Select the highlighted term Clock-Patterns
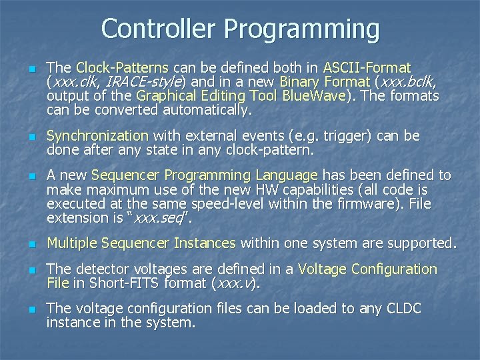124,68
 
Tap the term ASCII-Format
367,68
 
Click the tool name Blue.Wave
313,96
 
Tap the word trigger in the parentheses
347,136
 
